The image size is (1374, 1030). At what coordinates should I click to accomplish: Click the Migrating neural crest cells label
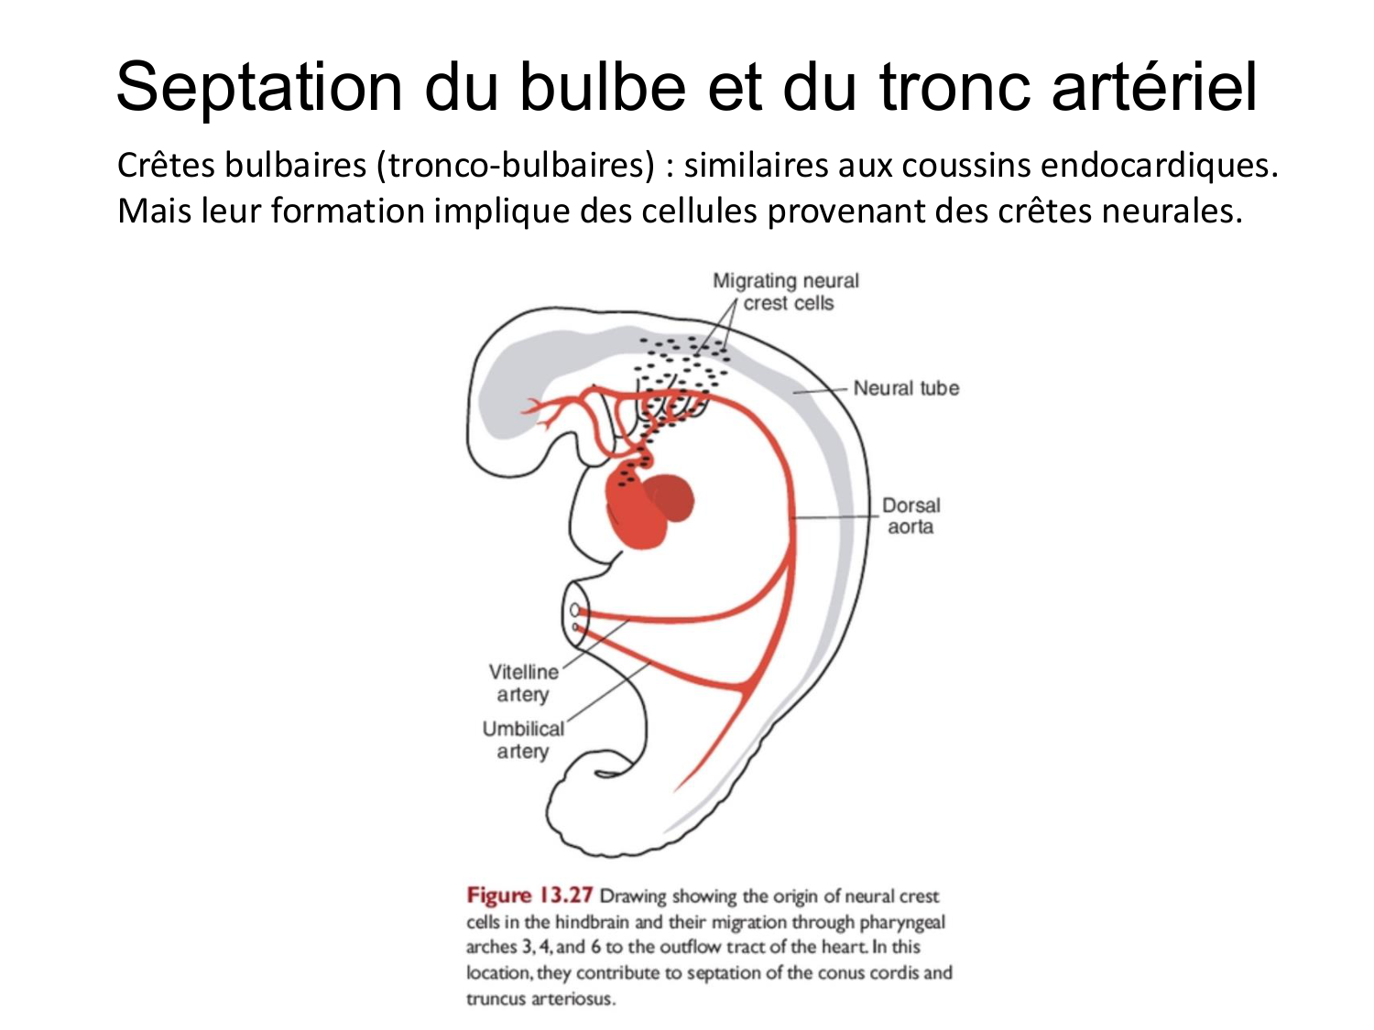click(x=787, y=292)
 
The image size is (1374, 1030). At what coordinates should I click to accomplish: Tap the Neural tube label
click(x=906, y=388)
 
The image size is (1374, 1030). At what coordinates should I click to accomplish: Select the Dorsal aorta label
click(x=911, y=515)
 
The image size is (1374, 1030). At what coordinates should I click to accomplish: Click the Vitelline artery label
click(x=523, y=683)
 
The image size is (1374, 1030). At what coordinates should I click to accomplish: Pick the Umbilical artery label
click(x=523, y=740)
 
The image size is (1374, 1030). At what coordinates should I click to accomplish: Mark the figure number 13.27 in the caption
click(x=565, y=895)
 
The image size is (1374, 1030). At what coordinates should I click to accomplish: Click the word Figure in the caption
click(x=498, y=895)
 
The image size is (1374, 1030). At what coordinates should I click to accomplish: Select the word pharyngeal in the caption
click(x=902, y=922)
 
